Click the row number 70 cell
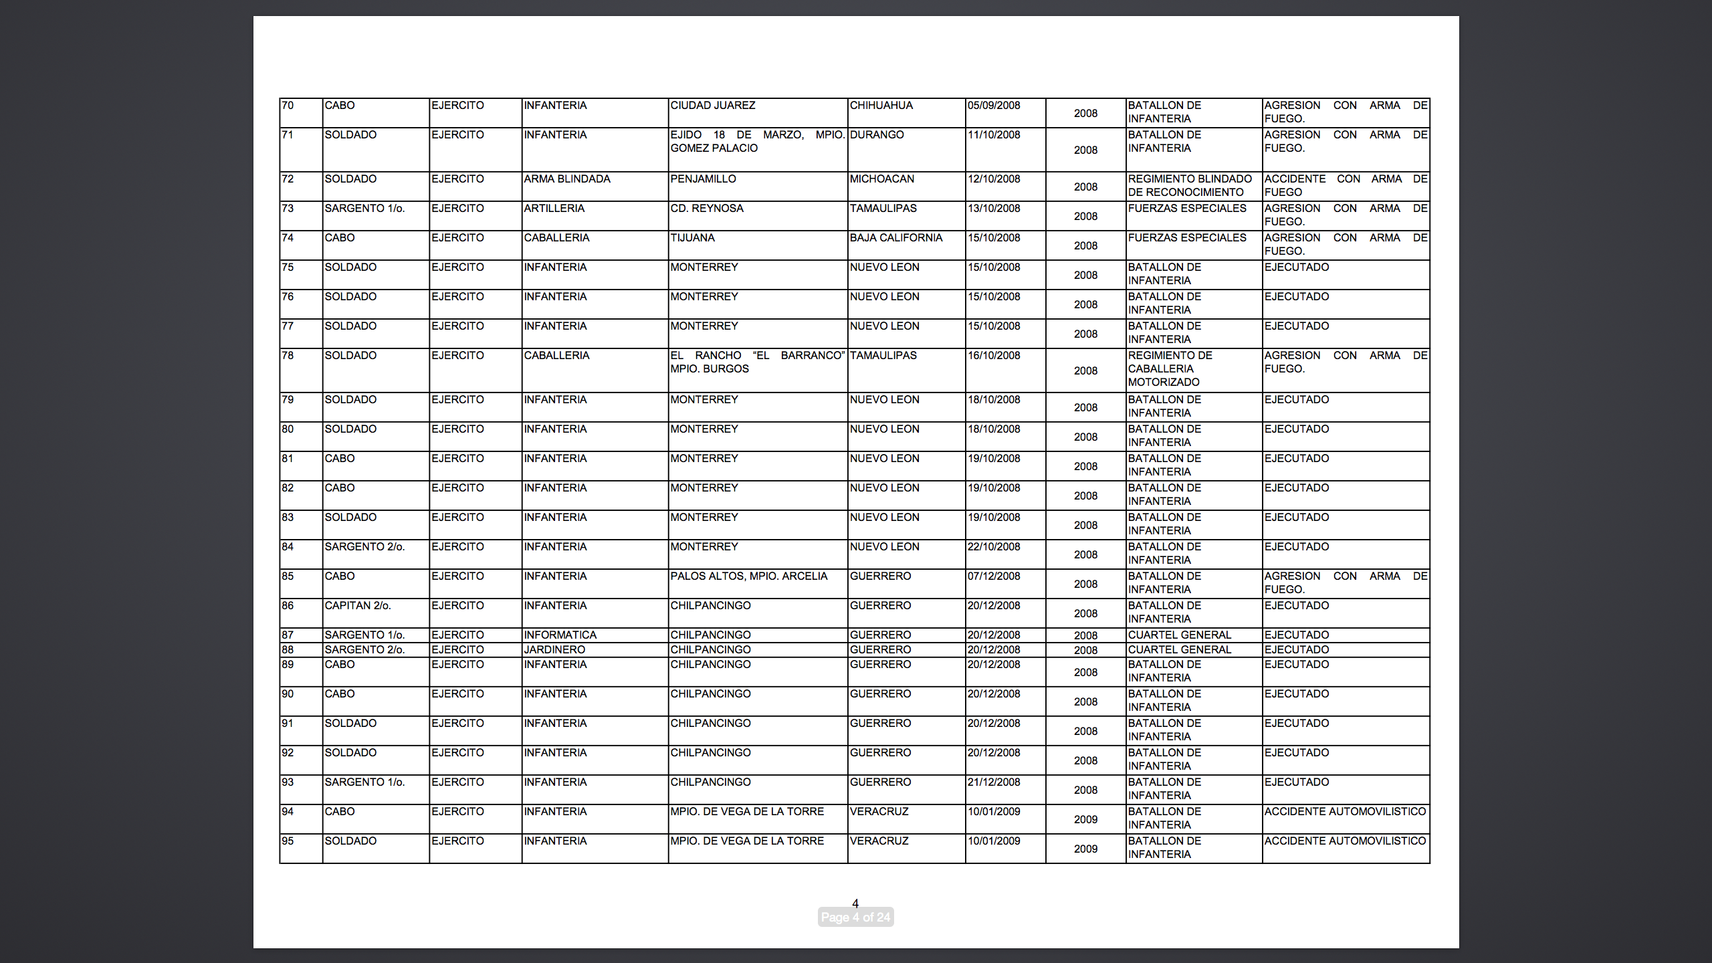[288, 106]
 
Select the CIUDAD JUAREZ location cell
[713, 106]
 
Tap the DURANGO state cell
[877, 135]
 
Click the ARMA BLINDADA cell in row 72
[567, 179]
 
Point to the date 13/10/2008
[994, 209]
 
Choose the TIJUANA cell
[693, 238]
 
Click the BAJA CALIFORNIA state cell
[896, 238]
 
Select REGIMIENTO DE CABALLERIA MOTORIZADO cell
[1170, 369]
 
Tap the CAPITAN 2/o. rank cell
[358, 606]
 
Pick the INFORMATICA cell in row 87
[560, 635]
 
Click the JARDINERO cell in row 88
[554, 650]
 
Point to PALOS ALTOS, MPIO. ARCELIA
[749, 576]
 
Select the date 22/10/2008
[994, 547]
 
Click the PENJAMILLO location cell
[704, 179]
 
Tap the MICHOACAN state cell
[882, 179]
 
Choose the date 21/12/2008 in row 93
[994, 782]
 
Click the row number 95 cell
[288, 841]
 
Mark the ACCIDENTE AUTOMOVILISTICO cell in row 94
[1345, 812]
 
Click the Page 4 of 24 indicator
[855, 918]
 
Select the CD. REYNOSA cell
[707, 209]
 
